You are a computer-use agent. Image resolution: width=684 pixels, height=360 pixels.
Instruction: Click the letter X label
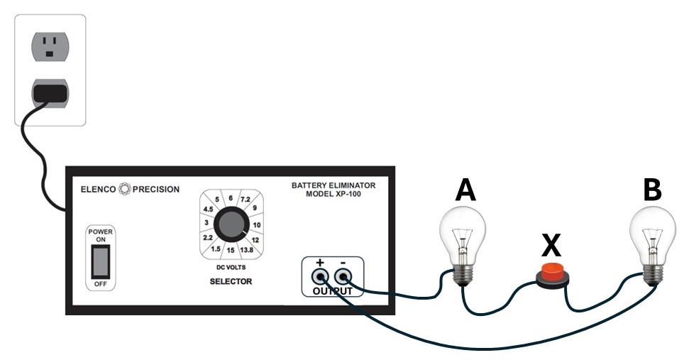click(x=551, y=245)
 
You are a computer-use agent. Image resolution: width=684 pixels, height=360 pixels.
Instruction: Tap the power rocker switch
click(x=99, y=261)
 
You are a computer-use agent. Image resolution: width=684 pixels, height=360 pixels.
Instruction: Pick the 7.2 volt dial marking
click(x=246, y=200)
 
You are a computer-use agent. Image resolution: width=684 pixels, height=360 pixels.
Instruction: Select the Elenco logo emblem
click(x=125, y=189)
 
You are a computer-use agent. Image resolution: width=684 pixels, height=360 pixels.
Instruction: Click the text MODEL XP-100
click(x=333, y=194)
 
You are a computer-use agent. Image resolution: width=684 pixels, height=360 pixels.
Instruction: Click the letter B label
click(x=651, y=190)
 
